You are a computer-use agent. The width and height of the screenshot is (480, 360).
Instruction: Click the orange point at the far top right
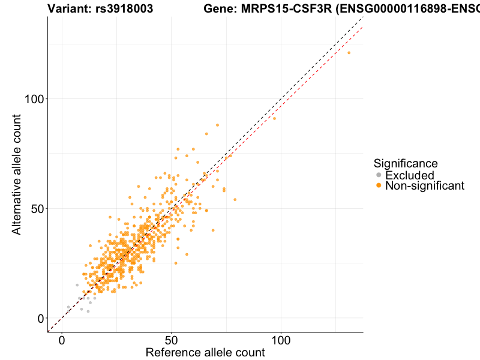click(x=349, y=53)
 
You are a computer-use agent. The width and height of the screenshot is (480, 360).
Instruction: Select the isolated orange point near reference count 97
click(x=275, y=118)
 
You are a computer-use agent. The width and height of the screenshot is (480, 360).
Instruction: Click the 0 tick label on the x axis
click(x=62, y=340)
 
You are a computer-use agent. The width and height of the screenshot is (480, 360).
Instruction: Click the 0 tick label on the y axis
click(x=41, y=318)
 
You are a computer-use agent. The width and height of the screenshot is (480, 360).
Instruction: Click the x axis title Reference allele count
click(x=205, y=352)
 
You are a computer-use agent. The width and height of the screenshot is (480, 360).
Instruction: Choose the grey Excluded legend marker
click(x=379, y=175)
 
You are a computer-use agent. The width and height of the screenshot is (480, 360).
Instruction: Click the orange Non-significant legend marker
click(x=379, y=186)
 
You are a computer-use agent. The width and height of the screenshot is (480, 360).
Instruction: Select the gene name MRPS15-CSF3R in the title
click(x=281, y=9)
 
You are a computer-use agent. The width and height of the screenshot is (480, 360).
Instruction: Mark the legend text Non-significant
click(x=425, y=186)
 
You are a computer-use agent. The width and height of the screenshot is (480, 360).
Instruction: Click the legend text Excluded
click(x=409, y=175)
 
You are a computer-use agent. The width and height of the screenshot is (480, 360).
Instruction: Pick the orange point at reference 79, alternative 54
click(x=235, y=199)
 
